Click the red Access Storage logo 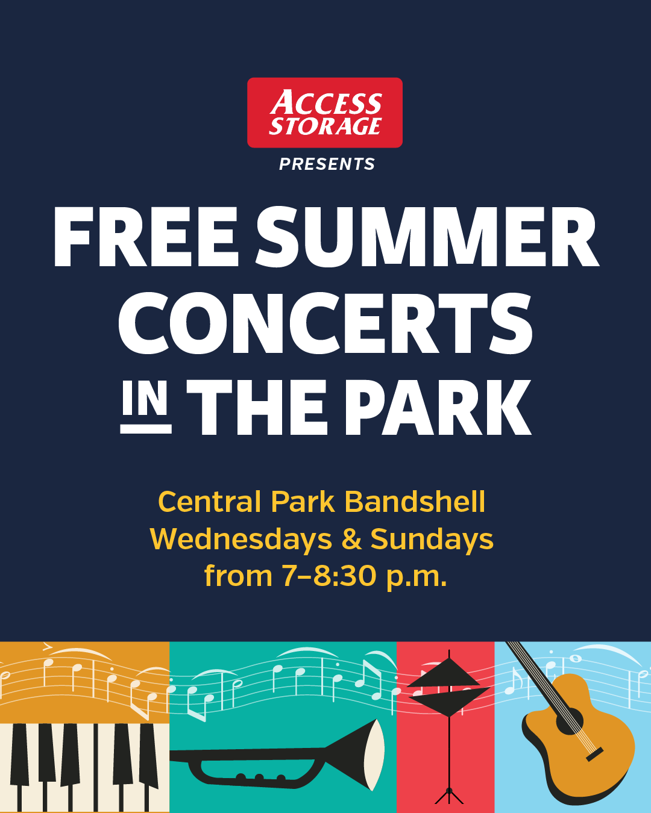point(324,113)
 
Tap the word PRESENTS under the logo point(327,164)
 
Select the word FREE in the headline point(146,237)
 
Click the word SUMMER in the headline point(427,237)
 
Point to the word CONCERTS point(325,323)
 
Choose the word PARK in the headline point(438,407)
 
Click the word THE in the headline point(257,407)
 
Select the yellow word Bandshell point(415,502)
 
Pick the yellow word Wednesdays point(241,539)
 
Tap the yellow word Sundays point(432,539)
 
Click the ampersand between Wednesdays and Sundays point(351,540)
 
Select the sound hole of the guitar point(569,721)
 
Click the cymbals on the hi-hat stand point(448,687)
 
